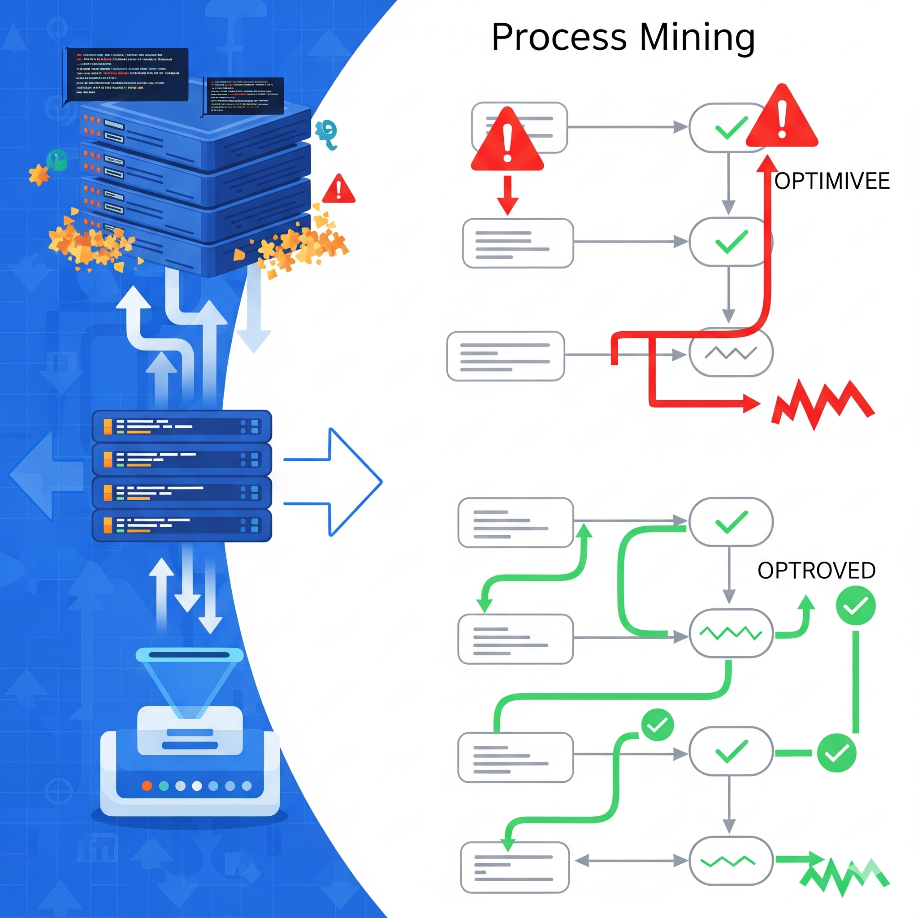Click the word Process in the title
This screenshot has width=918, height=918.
point(559,38)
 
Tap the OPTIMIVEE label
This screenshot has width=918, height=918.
point(831,181)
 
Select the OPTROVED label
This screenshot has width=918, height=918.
point(816,571)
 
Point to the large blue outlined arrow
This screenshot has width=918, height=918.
point(338,482)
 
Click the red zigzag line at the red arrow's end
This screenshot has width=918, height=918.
point(822,404)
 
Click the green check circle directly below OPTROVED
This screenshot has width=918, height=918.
point(855,606)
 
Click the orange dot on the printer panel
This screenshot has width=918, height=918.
point(147,786)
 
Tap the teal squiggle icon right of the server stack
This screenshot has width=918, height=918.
point(327,134)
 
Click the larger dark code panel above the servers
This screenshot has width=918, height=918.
point(126,74)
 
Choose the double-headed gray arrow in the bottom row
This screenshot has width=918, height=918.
point(631,860)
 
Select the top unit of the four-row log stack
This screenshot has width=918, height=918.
point(182,426)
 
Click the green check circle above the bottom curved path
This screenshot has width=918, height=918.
point(657,725)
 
